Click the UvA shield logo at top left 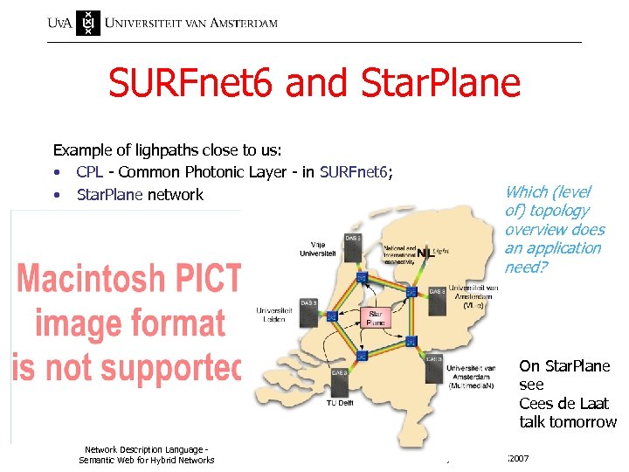click(88, 22)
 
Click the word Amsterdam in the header click(237, 22)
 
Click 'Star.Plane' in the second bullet click(109, 194)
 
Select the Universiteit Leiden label click(277, 314)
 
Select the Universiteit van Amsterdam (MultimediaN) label click(472, 375)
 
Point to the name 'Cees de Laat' click(563, 403)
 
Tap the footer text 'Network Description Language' click(146, 449)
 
